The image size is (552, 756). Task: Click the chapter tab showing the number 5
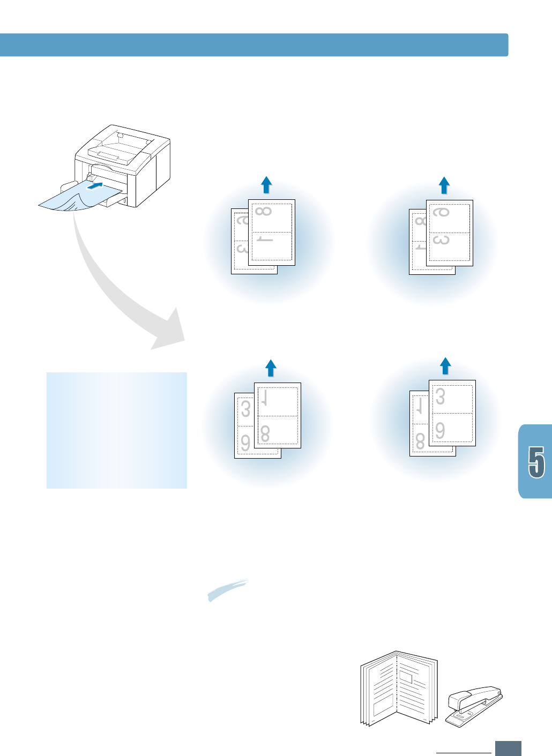pos(535,462)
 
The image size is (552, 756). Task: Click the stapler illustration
pos(473,706)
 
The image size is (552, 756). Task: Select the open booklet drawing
pos(398,689)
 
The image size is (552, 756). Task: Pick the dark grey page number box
pos(508,748)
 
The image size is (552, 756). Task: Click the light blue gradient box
pos(116,430)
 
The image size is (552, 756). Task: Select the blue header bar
pos(253,45)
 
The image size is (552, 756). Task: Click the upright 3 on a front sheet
pos(441,397)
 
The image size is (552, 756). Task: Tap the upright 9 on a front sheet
pos(441,430)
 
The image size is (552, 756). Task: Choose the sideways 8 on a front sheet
pos(264,211)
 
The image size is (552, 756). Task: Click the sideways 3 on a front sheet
pos(441,240)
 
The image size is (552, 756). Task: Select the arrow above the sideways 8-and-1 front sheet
pos(266,185)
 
